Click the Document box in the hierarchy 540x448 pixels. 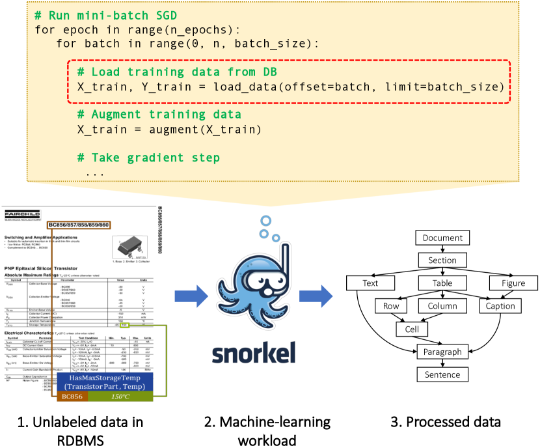442,238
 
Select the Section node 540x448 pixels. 442,260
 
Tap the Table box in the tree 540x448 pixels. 442,283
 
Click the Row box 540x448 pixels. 392,306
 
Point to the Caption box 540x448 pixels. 500,306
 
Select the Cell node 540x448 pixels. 412,329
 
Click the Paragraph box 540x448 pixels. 442,352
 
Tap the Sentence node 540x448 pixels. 442,374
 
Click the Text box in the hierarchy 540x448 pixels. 370,283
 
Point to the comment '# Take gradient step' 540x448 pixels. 148,158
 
